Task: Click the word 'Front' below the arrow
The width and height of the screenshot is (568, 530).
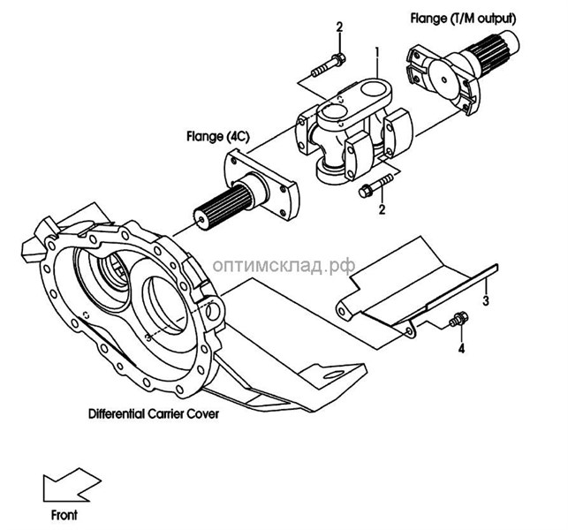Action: (x=64, y=514)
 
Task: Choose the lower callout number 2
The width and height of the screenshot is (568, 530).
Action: (x=382, y=210)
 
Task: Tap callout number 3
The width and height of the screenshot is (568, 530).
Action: (x=486, y=301)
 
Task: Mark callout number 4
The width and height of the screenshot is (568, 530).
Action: (x=460, y=350)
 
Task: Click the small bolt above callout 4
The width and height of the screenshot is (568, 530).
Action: (x=458, y=321)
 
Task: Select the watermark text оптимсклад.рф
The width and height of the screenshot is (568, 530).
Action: (x=286, y=263)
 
